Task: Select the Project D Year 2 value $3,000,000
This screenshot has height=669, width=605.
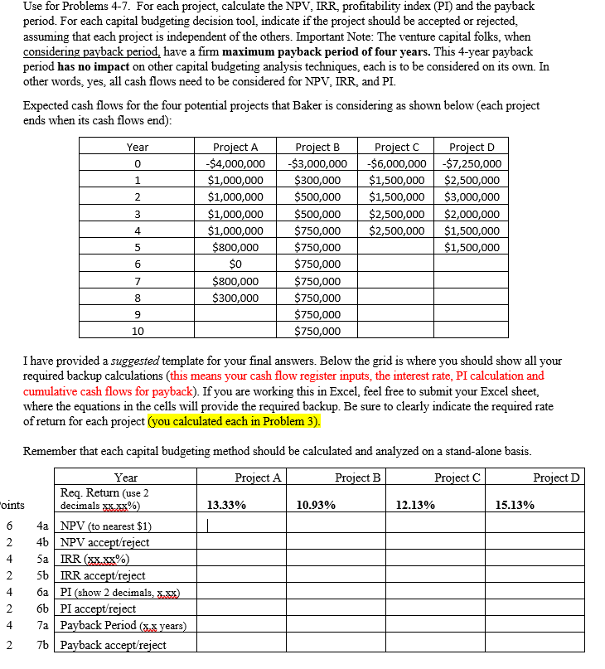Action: tap(472, 196)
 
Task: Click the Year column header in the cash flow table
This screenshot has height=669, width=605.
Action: tap(138, 147)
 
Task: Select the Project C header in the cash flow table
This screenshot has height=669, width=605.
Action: tap(396, 147)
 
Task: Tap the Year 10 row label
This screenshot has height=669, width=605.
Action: tap(138, 331)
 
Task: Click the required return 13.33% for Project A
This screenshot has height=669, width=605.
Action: tap(225, 504)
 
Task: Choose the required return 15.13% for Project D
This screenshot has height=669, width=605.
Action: tap(514, 504)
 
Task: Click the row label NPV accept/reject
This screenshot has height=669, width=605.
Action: tap(104, 542)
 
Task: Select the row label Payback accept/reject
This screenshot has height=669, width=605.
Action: tap(113, 645)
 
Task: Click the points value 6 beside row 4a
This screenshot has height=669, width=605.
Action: tap(9, 526)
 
